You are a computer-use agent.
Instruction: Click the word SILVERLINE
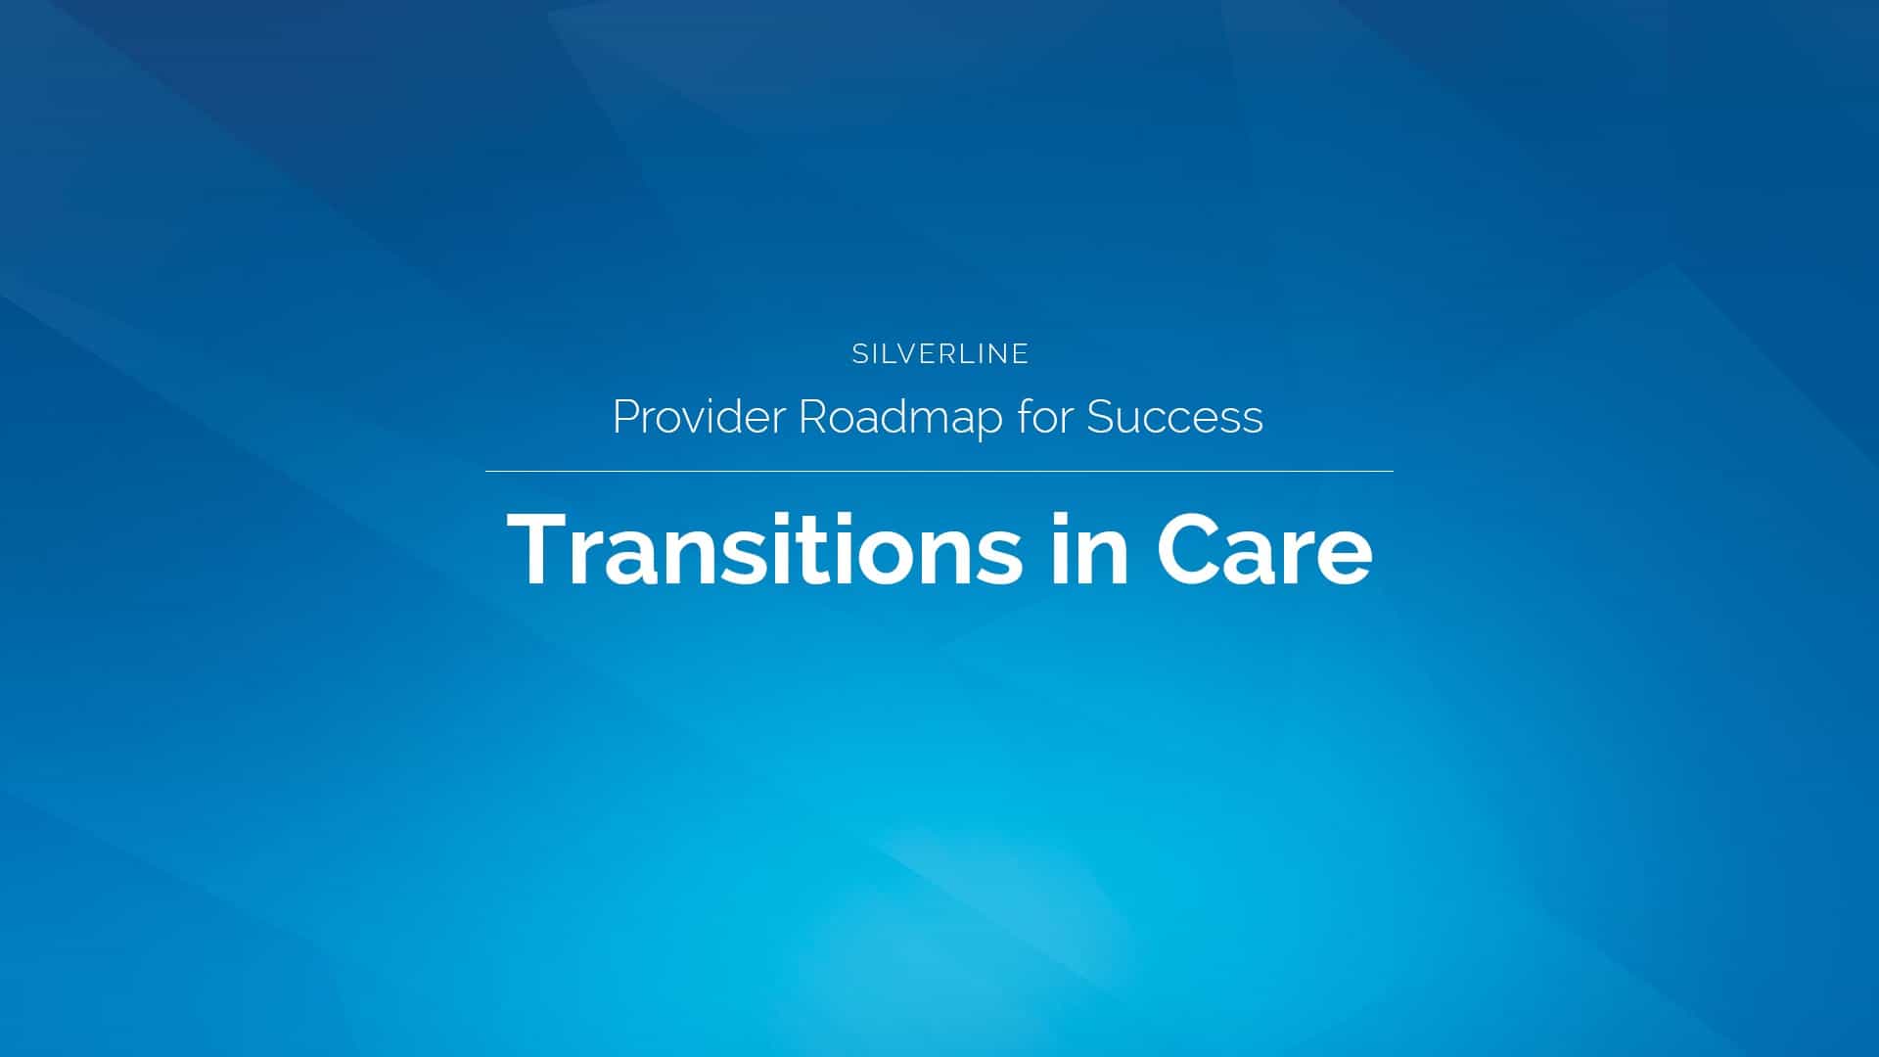939,353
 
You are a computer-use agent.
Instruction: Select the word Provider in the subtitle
699,417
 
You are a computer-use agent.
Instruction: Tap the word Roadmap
900,419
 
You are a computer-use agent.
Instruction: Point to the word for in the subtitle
1044,417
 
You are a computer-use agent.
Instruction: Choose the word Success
1174,417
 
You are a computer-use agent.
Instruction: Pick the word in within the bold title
1089,550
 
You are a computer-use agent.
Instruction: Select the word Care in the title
1263,550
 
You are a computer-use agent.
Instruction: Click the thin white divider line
939,472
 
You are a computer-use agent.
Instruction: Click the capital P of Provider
624,417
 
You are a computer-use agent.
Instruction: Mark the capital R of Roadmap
812,417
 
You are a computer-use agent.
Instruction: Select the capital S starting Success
1100,417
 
